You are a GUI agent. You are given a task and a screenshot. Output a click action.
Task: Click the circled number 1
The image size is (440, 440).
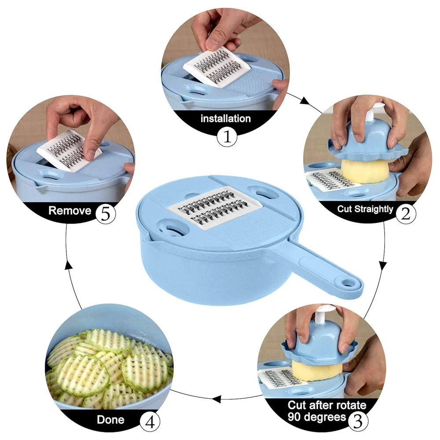click(227, 137)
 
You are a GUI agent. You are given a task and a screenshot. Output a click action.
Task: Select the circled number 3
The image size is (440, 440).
click(358, 420)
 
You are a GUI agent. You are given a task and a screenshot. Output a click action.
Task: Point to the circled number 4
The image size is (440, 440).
click(150, 423)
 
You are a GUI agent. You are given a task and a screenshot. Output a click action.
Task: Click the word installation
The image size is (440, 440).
click(226, 118)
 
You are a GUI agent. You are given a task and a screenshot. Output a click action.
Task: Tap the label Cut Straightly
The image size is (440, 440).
click(365, 209)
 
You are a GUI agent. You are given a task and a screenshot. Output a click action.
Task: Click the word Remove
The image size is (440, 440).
click(70, 210)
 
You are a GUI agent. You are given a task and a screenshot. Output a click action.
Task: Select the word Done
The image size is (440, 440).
click(110, 419)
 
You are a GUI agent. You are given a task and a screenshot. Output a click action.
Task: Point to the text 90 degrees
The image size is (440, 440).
click(317, 416)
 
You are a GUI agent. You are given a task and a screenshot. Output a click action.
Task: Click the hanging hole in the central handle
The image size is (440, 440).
click(349, 283)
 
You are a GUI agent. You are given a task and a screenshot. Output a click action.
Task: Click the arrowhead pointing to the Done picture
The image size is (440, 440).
click(216, 399)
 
